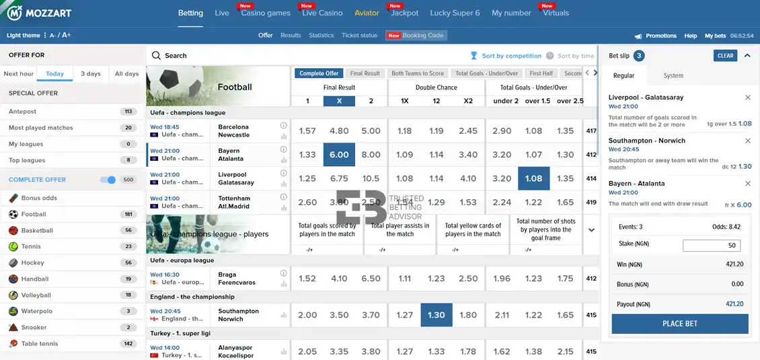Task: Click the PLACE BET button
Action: click(x=679, y=324)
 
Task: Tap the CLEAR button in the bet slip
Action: click(x=725, y=56)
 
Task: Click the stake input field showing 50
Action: click(x=712, y=246)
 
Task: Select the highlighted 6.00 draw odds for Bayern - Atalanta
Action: click(x=339, y=155)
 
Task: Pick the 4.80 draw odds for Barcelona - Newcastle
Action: click(x=339, y=131)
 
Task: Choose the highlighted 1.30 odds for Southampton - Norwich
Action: click(x=436, y=315)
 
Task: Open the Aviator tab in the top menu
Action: click(x=367, y=13)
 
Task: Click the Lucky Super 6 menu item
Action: click(x=455, y=13)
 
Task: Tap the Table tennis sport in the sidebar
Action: click(x=40, y=343)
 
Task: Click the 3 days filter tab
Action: click(x=91, y=74)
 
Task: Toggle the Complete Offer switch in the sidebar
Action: click(x=108, y=180)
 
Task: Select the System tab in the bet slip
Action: click(x=673, y=76)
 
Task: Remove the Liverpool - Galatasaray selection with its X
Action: click(x=748, y=98)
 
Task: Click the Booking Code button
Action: click(x=416, y=36)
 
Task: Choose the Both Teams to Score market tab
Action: click(x=418, y=73)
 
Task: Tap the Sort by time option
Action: click(x=575, y=56)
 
